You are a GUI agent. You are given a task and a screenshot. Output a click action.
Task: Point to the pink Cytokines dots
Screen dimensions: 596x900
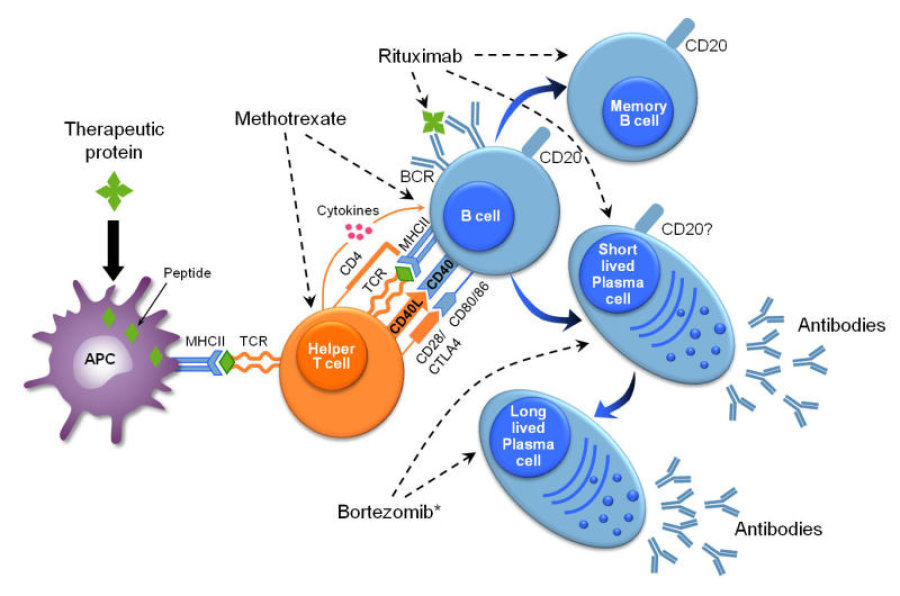coord(355,232)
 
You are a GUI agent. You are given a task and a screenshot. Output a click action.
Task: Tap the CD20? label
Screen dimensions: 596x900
coord(695,229)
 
